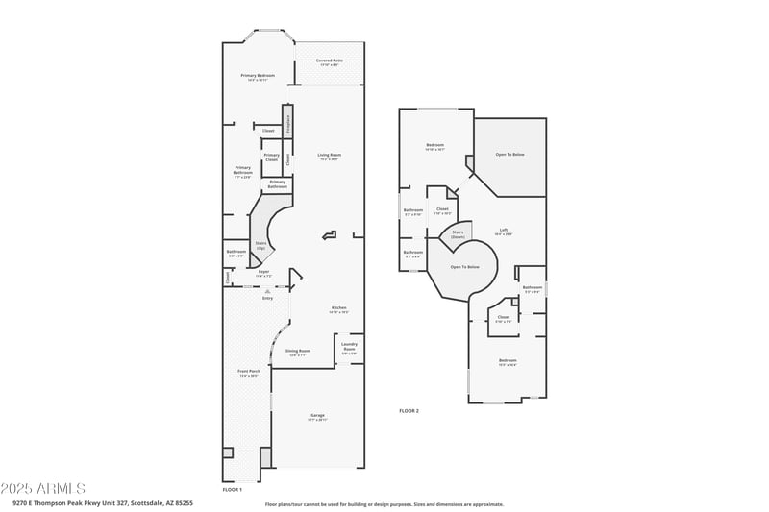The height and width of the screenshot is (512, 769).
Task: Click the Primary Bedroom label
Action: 258,77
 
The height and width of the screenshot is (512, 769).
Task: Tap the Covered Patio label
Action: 330,62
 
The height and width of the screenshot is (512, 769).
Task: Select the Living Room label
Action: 330,156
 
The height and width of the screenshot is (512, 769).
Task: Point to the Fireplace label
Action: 287,123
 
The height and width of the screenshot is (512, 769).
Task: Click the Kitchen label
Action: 338,309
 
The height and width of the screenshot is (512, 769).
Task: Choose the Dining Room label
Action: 298,352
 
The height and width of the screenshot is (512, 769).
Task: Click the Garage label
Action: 317,417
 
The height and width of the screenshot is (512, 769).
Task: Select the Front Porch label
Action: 249,373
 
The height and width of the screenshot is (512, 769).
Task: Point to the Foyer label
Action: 263,273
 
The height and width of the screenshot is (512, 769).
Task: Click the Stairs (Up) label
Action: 260,246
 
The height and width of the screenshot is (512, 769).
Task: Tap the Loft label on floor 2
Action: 504,231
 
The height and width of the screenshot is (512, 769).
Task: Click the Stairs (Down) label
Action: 458,233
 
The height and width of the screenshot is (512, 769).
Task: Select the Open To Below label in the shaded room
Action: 509,154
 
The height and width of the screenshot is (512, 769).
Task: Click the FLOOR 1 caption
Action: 232,489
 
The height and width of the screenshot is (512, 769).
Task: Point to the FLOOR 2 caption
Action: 409,410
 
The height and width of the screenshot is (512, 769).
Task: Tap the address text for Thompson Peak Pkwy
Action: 103,502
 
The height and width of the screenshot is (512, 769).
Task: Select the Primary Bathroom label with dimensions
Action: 242,172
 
